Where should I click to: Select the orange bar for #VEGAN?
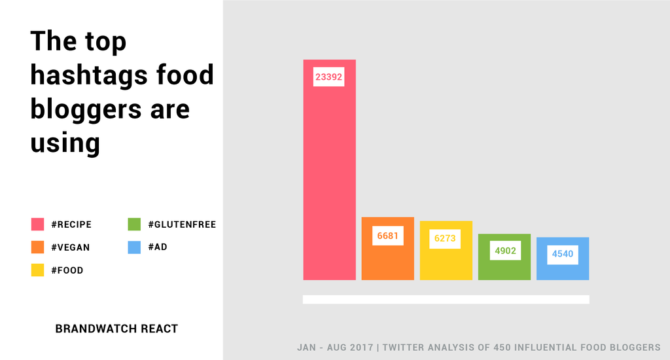click(387, 262)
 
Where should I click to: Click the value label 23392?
click(328, 77)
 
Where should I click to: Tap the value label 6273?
click(446, 239)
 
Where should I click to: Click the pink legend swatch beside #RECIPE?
click(37, 225)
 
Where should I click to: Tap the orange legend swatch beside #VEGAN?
click(37, 247)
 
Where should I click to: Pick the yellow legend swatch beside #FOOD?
click(37, 270)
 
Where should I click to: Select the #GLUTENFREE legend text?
click(182, 225)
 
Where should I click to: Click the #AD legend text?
click(158, 247)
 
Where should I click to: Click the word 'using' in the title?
click(65, 142)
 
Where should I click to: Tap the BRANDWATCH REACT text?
click(116, 329)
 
